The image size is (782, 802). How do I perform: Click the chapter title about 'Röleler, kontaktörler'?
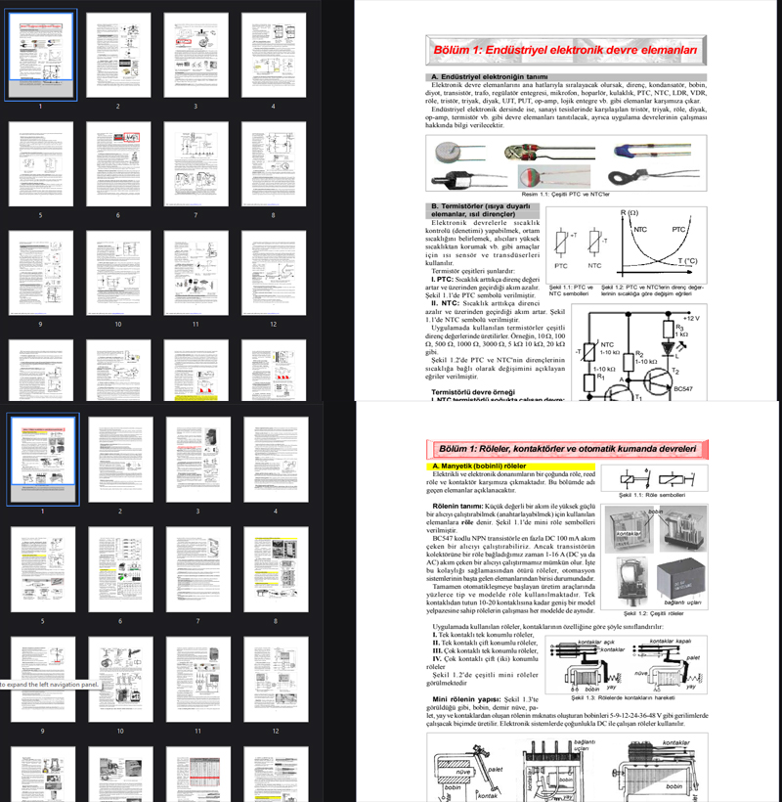pyautogui.click(x=565, y=448)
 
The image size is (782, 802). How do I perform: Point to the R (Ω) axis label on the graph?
pyautogui.click(x=630, y=212)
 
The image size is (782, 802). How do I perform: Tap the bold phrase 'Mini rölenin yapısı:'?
pyautogui.click(x=465, y=700)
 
